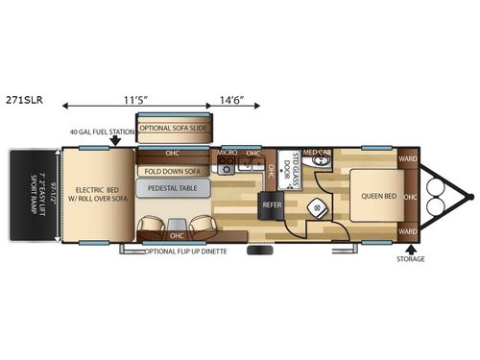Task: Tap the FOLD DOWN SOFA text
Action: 173,171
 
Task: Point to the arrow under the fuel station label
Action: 115,141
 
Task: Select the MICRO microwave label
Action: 227,153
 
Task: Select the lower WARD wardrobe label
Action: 407,231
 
